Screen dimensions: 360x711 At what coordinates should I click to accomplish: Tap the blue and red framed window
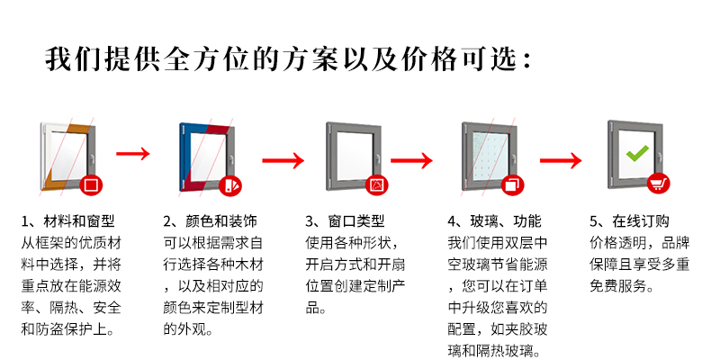203,156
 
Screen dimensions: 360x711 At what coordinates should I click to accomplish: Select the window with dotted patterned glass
489,156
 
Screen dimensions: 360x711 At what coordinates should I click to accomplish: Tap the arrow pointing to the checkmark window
559,161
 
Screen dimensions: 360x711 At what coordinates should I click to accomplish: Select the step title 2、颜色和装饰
210,221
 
